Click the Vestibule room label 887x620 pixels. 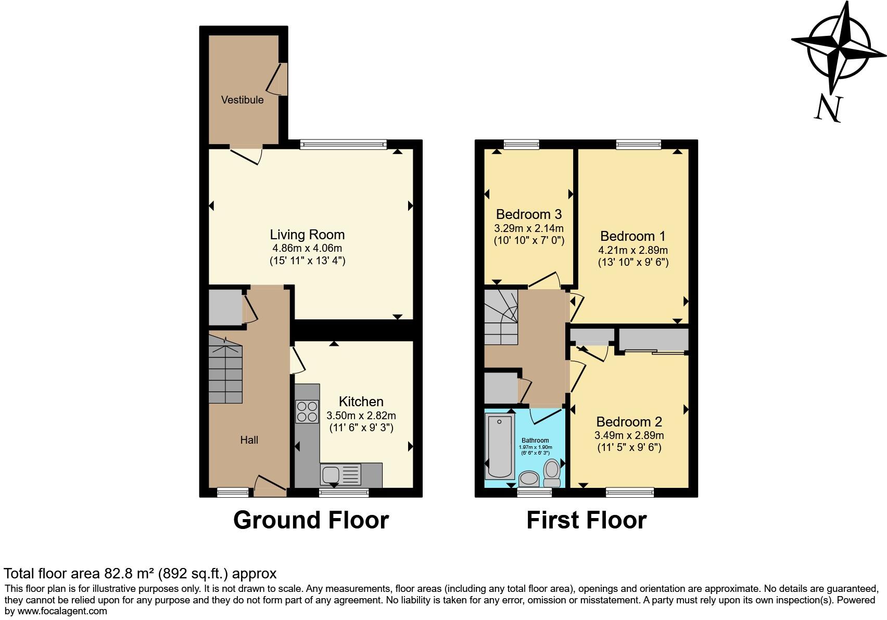[x=242, y=100]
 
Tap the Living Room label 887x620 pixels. [x=307, y=235]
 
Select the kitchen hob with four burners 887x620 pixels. [x=307, y=411]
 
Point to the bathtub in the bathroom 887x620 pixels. [x=500, y=446]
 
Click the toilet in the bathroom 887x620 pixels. [x=551, y=470]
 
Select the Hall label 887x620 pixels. [x=249, y=440]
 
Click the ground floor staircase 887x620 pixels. [x=225, y=369]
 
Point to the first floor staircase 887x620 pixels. [x=501, y=317]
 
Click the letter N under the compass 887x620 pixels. [x=828, y=109]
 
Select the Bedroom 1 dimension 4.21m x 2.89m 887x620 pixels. [x=632, y=250]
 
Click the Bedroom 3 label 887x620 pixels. [x=528, y=214]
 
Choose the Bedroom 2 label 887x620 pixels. [x=629, y=422]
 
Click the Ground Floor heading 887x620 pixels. [x=311, y=520]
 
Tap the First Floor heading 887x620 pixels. [x=586, y=520]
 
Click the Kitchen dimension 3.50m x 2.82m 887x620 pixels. [x=361, y=416]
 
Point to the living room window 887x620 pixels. [x=344, y=145]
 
